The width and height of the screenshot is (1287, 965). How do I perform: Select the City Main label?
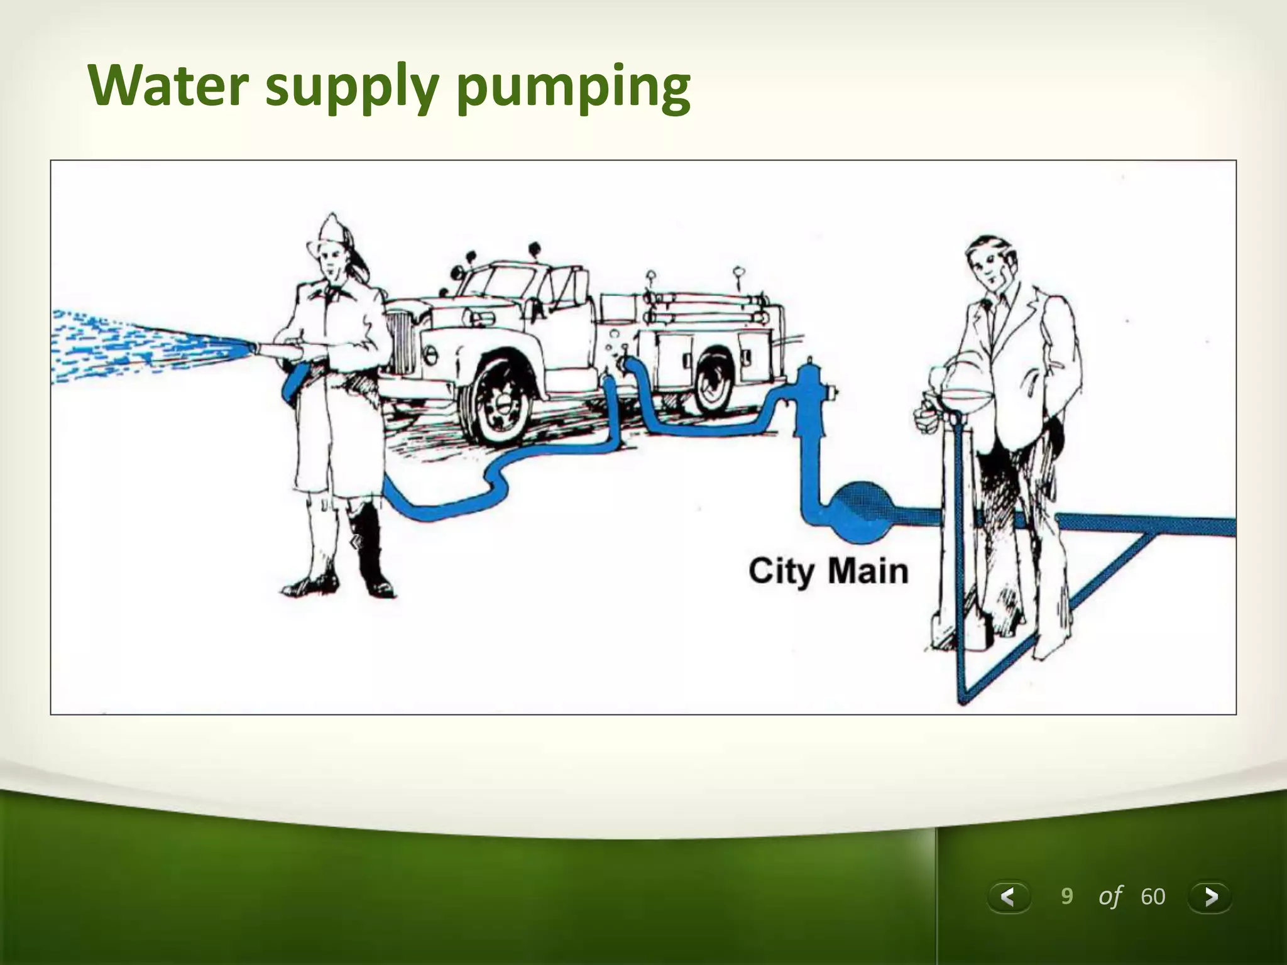(828, 571)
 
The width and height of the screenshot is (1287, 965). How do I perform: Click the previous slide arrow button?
(1009, 896)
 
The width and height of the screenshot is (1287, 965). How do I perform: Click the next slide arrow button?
(1210, 896)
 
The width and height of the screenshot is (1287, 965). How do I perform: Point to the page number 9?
(1066, 896)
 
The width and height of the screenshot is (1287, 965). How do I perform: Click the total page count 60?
(1153, 897)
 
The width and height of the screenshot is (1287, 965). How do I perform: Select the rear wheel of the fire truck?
(713, 383)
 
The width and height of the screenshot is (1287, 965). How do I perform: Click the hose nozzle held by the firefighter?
(277, 349)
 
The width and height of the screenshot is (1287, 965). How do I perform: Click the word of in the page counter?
(1110, 897)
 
